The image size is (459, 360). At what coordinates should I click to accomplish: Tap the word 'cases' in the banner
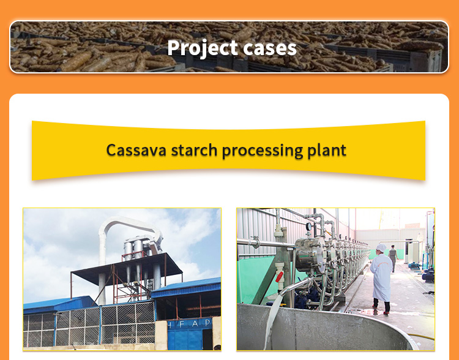[270, 48]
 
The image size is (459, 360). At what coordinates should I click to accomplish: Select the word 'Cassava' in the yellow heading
[136, 150]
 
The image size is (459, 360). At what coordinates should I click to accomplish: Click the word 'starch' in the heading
[194, 150]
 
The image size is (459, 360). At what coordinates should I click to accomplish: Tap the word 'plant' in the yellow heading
[327, 151]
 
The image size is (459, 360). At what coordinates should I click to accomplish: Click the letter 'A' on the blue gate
[195, 324]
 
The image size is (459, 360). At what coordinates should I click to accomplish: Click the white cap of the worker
[381, 248]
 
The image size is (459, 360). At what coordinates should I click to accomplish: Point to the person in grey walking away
[393, 258]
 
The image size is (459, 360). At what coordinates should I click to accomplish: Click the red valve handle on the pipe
[279, 277]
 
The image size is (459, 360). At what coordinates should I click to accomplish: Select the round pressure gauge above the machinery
[308, 227]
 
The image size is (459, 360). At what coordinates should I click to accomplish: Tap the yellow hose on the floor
[421, 337]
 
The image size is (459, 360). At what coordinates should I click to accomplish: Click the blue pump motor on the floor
[428, 276]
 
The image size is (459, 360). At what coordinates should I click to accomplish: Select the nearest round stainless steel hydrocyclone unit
[310, 254]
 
